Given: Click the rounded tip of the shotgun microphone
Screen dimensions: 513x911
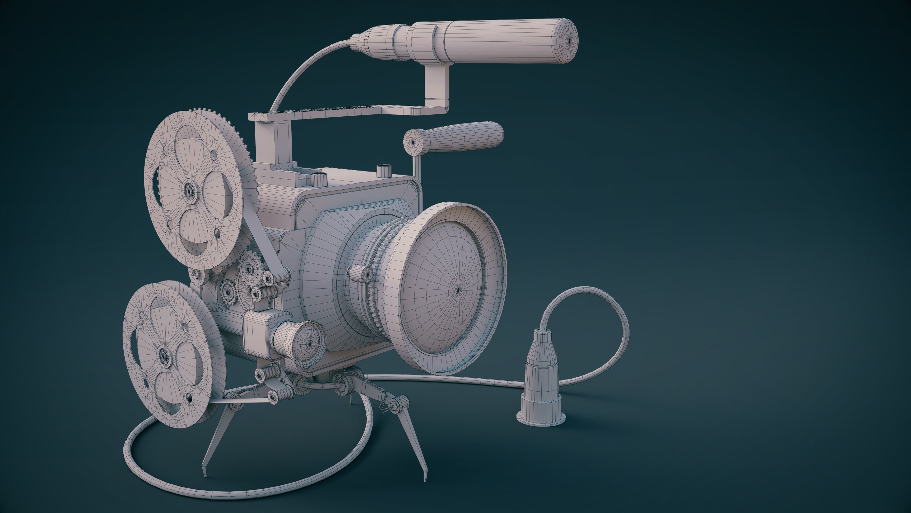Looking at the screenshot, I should point(570,41).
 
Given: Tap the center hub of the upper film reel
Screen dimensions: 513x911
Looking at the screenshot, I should point(190,191).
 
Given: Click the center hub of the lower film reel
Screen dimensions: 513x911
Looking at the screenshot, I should point(163,354).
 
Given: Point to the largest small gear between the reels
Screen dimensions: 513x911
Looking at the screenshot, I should point(250,269).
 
